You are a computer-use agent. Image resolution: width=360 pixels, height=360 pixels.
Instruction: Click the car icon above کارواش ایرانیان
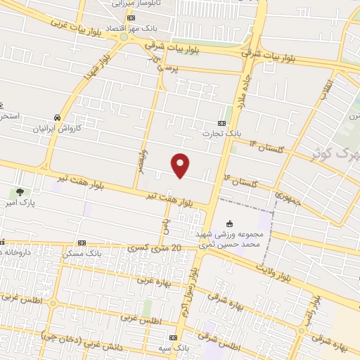point(56,118)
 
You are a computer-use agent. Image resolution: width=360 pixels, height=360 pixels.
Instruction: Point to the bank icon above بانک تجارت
point(224,121)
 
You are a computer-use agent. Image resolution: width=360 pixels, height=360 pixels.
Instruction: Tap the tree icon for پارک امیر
point(19,191)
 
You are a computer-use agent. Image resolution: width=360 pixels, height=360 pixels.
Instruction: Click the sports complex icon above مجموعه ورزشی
point(229,224)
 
